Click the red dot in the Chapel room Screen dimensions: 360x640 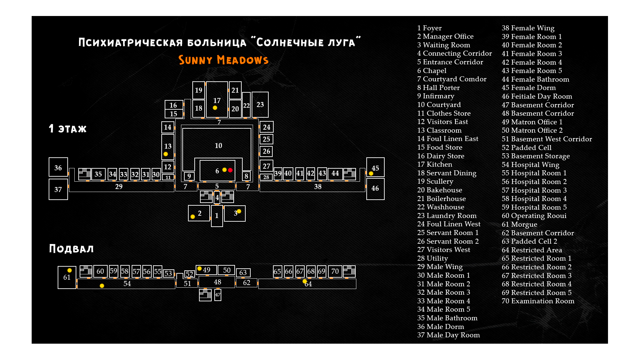click(230, 170)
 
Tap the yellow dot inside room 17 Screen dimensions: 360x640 click(215, 108)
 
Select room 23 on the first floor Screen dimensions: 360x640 click(260, 105)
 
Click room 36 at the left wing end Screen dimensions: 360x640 click(58, 167)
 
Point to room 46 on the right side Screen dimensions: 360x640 click(375, 189)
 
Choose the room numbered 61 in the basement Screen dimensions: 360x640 click(67, 278)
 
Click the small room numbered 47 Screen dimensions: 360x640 click(218, 295)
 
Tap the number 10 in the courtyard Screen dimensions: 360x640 click(218, 146)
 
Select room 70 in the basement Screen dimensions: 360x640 click(335, 271)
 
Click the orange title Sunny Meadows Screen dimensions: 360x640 click(223, 60)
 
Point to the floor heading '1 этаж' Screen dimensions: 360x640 click(68, 129)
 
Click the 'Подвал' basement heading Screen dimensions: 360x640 click(71, 249)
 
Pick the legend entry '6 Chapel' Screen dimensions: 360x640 click(432, 71)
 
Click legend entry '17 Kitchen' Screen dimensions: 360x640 click(435, 164)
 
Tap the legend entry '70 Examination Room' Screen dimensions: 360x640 click(538, 301)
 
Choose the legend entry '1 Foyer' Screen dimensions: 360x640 click(429, 28)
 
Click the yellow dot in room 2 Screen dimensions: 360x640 click(193, 217)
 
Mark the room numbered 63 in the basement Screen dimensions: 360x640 click(243, 273)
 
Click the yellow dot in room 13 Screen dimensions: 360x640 click(166, 154)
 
